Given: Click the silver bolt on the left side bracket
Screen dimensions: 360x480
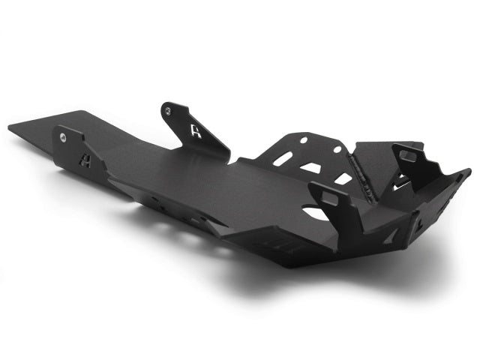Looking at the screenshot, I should point(63,136).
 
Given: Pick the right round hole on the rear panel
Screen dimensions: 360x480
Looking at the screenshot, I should point(337,149).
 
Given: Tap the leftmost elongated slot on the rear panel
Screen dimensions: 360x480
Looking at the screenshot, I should point(283,159).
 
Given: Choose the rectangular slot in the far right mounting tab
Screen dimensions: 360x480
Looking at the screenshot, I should point(409,156).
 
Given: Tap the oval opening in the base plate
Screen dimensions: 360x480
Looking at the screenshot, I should point(316,213).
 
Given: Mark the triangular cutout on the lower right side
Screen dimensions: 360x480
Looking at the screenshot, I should point(391,236).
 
